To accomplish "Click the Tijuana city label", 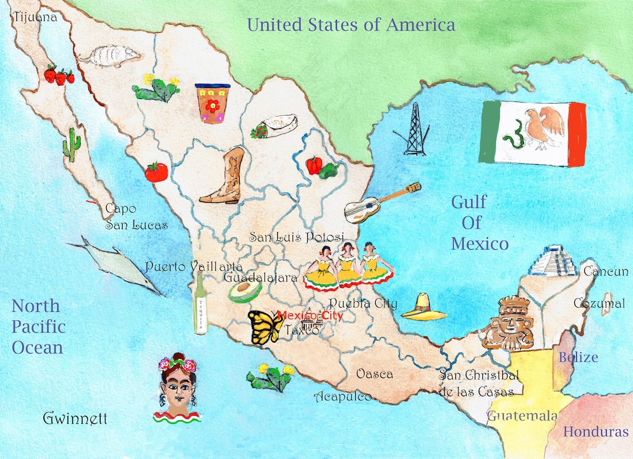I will coord(35,17).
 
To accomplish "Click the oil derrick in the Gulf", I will coord(416,130).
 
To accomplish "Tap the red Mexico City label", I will coord(310,315).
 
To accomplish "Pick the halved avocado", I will coord(245,291).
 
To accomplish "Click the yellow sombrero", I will coord(424,307).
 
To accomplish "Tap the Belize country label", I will coord(578,357).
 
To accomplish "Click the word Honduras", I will coord(595,432).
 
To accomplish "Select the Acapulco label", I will coord(343,396).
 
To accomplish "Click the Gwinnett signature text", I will coord(76,419).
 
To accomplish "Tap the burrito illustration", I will coord(275,126).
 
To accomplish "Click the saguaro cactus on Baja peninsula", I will coord(72,145).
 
